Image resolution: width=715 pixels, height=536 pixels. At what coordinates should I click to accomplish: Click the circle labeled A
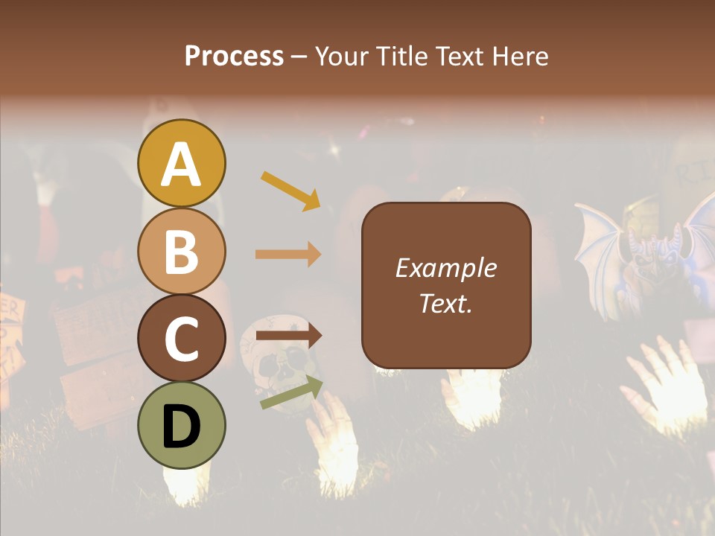[x=181, y=163]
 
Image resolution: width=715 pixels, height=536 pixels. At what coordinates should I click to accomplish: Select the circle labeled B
[x=181, y=251]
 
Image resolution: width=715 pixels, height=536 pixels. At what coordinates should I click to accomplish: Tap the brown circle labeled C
[x=181, y=338]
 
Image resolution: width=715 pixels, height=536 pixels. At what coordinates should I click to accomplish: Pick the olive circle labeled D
[x=181, y=425]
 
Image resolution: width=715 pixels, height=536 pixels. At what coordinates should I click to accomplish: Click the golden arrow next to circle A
[x=290, y=191]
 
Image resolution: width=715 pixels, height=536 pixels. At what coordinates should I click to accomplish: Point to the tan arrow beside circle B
[x=288, y=255]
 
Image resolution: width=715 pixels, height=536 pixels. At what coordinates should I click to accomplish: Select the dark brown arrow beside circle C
[x=288, y=336]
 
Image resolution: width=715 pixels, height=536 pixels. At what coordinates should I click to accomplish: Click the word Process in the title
[x=234, y=56]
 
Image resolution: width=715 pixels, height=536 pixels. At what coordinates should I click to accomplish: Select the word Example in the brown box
[x=445, y=268]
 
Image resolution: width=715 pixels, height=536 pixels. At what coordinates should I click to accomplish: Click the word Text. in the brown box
[x=445, y=303]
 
